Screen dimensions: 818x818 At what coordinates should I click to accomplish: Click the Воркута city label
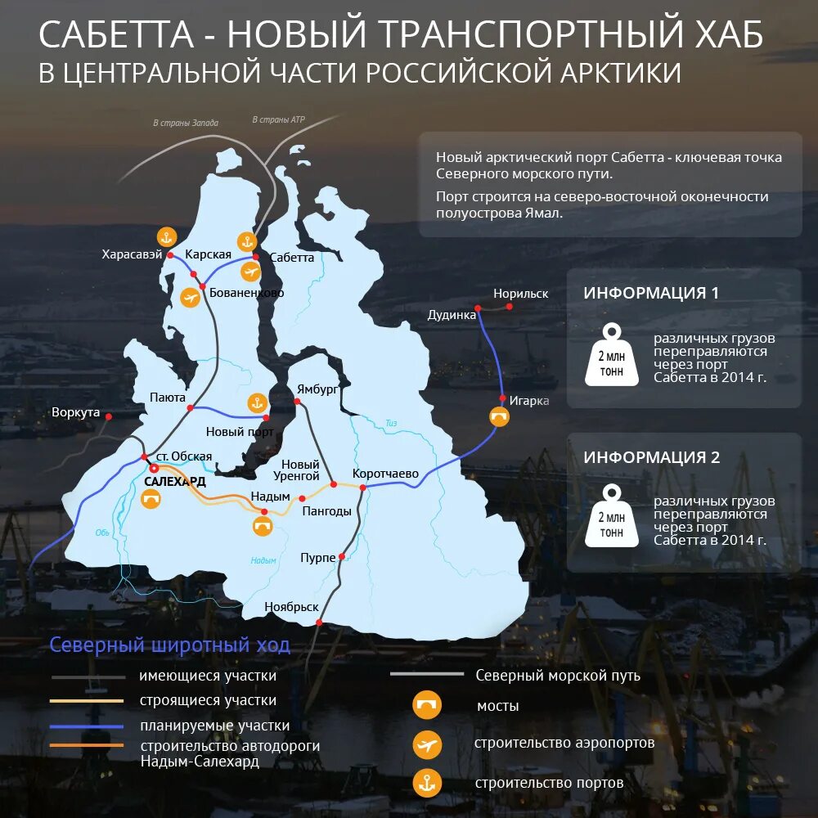[75, 412]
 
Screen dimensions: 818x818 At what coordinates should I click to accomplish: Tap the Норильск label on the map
[520, 294]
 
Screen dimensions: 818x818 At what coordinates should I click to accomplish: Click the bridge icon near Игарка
[498, 416]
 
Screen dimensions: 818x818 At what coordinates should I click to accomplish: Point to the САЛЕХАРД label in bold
[175, 482]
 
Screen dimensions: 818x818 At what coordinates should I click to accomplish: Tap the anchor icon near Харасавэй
[167, 237]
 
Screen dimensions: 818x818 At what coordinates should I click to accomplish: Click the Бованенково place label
[246, 292]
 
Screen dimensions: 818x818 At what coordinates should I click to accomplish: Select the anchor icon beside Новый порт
[257, 402]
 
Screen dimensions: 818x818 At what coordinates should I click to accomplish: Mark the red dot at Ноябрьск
[318, 622]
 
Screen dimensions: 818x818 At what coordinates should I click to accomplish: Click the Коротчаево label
[385, 474]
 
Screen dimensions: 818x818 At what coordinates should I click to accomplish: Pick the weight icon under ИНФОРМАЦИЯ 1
[611, 355]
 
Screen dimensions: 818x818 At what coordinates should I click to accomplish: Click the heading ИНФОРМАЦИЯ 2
[651, 457]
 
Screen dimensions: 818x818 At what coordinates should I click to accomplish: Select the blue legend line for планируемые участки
[87, 726]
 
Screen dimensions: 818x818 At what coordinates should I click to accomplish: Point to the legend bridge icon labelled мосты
[427, 705]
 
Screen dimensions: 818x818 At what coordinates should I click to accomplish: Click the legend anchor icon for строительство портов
[427, 784]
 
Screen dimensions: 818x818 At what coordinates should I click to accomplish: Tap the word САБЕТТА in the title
[116, 35]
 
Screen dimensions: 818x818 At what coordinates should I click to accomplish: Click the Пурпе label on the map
[318, 557]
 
